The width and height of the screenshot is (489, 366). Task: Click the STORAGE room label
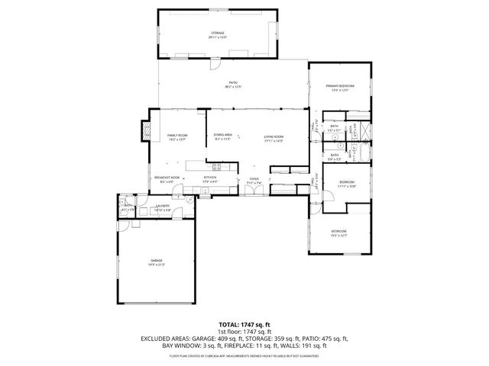tap(219, 33)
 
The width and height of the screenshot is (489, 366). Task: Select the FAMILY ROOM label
tap(177, 135)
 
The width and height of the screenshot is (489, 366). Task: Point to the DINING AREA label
tap(222, 135)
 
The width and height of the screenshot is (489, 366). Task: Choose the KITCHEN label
tap(210, 177)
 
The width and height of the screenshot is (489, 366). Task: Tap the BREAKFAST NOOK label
tap(167, 177)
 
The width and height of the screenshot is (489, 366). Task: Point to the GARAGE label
tap(156, 261)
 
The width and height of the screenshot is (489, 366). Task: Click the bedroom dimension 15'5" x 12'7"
tap(338, 235)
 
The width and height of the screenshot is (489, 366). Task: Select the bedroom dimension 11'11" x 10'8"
tap(348, 185)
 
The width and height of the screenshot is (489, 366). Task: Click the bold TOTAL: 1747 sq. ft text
tap(244, 324)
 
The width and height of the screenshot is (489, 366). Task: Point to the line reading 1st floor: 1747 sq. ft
tap(244, 331)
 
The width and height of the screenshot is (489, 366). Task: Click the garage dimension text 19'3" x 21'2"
tap(156, 265)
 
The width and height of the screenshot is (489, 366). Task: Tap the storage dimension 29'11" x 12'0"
tap(219, 37)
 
